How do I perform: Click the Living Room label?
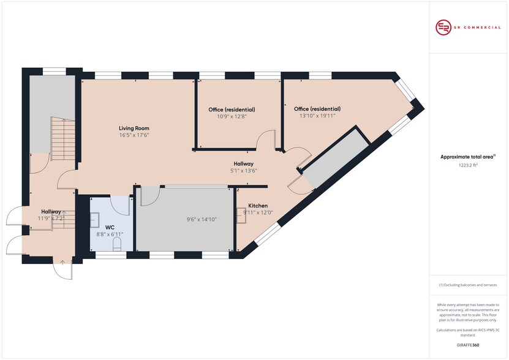(134, 128)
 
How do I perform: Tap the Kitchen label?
(258, 206)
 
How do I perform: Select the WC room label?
(110, 228)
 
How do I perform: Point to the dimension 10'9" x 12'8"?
(232, 116)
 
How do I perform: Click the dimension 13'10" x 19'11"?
(317, 116)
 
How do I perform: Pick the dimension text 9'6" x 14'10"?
(202, 219)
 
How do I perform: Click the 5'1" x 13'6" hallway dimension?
(243, 171)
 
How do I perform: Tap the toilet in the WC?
(117, 244)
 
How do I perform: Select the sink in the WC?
(94, 220)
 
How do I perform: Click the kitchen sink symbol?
(241, 216)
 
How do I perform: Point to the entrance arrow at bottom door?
(62, 261)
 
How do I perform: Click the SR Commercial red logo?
(443, 28)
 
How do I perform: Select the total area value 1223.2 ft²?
(468, 165)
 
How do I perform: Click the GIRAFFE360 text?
(468, 345)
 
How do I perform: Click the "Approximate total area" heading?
(467, 157)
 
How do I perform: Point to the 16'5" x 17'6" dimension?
(134, 135)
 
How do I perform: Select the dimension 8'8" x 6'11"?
(110, 234)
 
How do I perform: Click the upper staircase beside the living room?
(63, 138)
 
